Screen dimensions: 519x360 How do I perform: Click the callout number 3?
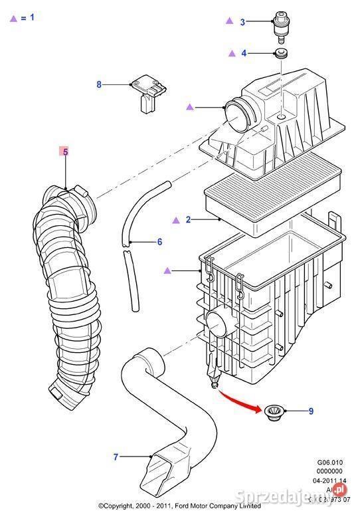(242, 22)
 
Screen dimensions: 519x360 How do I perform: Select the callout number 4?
(243, 53)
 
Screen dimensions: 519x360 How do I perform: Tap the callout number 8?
(99, 84)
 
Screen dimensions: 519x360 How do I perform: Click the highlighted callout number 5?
(65, 152)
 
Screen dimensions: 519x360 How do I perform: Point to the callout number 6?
(159, 242)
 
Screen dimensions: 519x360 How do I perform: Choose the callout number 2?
(188, 219)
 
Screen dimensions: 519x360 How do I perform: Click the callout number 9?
(310, 411)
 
